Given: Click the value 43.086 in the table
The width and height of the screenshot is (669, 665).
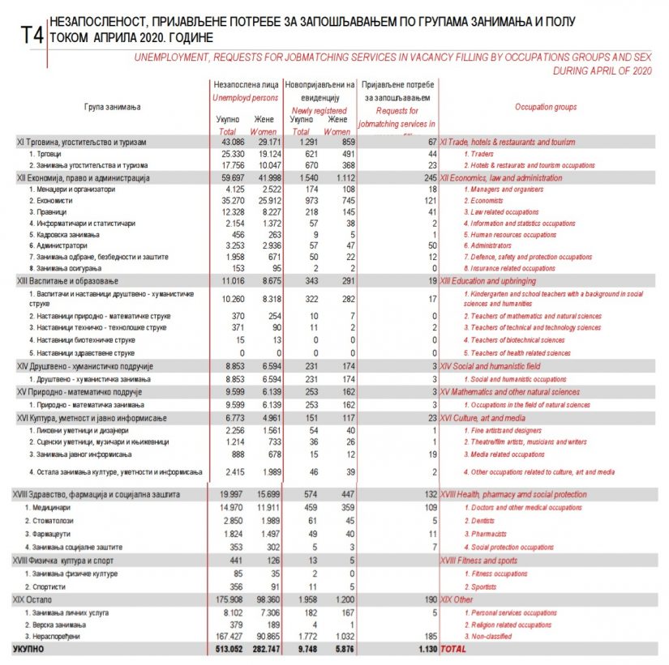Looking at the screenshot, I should tap(226, 142).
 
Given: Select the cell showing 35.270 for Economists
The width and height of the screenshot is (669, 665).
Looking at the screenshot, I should tap(226, 200).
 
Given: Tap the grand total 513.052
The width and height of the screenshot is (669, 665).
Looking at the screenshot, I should tap(225, 649).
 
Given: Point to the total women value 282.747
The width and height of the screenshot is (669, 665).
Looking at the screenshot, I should tap(265, 649).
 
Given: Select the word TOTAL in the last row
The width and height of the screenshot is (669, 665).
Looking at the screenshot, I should tap(453, 649).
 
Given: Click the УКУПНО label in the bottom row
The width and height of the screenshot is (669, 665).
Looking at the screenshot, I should tap(28, 649).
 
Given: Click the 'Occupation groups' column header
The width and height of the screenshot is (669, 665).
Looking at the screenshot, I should tap(546, 106).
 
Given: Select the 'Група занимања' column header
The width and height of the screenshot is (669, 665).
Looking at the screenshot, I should tap(112, 107).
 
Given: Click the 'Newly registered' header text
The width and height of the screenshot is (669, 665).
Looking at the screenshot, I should tap(319, 111).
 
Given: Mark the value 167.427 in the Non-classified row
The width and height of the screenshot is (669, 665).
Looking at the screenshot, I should tap(226, 637).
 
